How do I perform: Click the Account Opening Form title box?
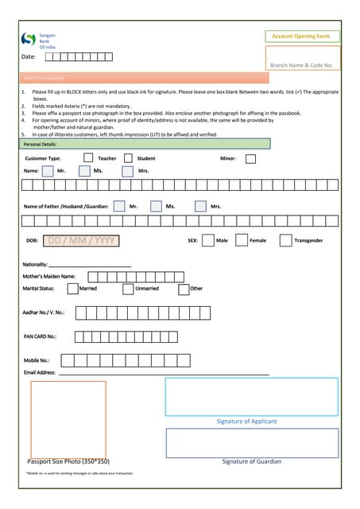[x=301, y=37]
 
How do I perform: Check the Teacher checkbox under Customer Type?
[x=88, y=158]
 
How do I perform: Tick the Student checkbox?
[x=128, y=158]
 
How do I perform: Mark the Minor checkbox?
[x=250, y=158]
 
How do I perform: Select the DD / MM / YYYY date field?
[x=81, y=240]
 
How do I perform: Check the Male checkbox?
[x=207, y=240]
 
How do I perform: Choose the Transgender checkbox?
[x=285, y=240]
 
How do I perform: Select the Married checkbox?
[x=73, y=289]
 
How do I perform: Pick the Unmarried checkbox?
[x=128, y=289]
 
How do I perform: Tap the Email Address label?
[x=40, y=372]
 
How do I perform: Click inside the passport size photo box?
[x=68, y=418]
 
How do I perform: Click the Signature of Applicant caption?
[x=246, y=421]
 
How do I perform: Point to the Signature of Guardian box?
[x=251, y=442]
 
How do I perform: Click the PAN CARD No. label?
[x=40, y=336]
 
